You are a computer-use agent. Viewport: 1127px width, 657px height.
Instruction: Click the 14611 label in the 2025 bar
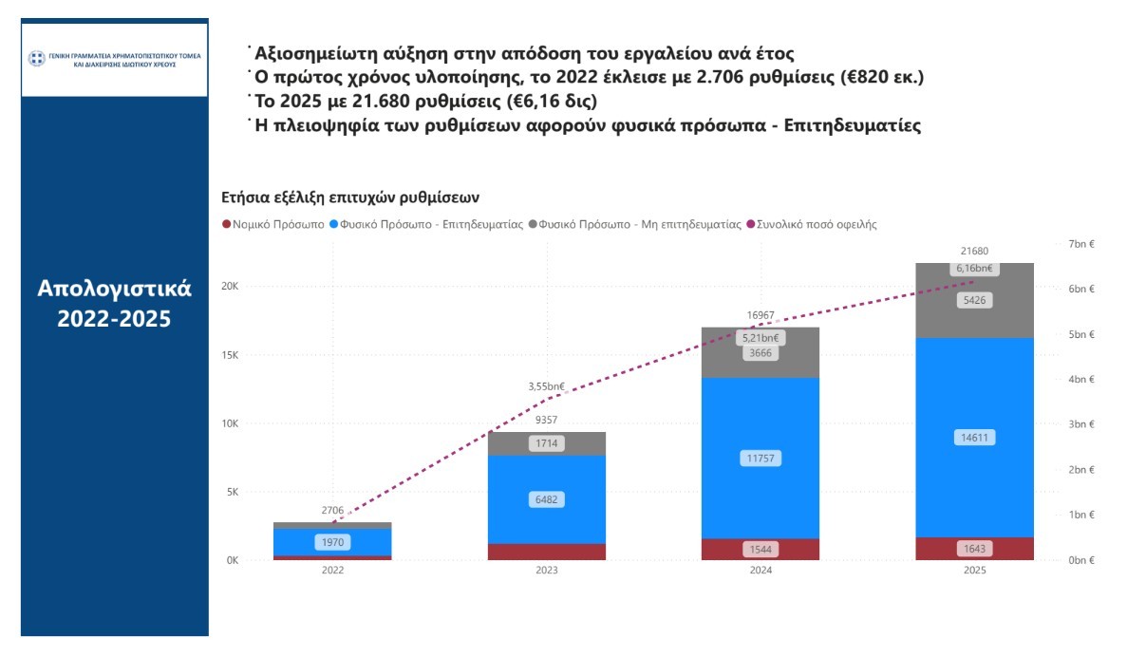(974, 438)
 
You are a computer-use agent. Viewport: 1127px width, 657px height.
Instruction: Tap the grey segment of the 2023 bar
(546, 443)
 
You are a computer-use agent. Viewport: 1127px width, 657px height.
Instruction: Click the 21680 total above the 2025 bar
(974, 252)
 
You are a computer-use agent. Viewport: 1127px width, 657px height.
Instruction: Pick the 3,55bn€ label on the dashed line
(546, 386)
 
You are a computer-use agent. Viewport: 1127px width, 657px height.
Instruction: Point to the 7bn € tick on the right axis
(1081, 244)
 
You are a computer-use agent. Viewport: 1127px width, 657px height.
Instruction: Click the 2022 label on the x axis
(332, 572)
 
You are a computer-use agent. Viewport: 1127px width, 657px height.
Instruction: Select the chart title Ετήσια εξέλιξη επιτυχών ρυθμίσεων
(350, 197)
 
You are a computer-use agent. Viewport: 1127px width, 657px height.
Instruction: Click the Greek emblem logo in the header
(36, 59)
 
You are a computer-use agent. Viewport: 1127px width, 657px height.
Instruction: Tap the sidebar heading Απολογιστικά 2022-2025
(114, 303)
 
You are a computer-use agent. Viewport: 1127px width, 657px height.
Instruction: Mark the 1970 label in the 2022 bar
(332, 542)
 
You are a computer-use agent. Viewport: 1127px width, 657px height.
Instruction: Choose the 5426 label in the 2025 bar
(974, 300)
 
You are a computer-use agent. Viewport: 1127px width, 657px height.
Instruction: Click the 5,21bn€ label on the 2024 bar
(760, 337)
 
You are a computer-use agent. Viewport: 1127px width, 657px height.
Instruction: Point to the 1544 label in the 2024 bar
(760, 549)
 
